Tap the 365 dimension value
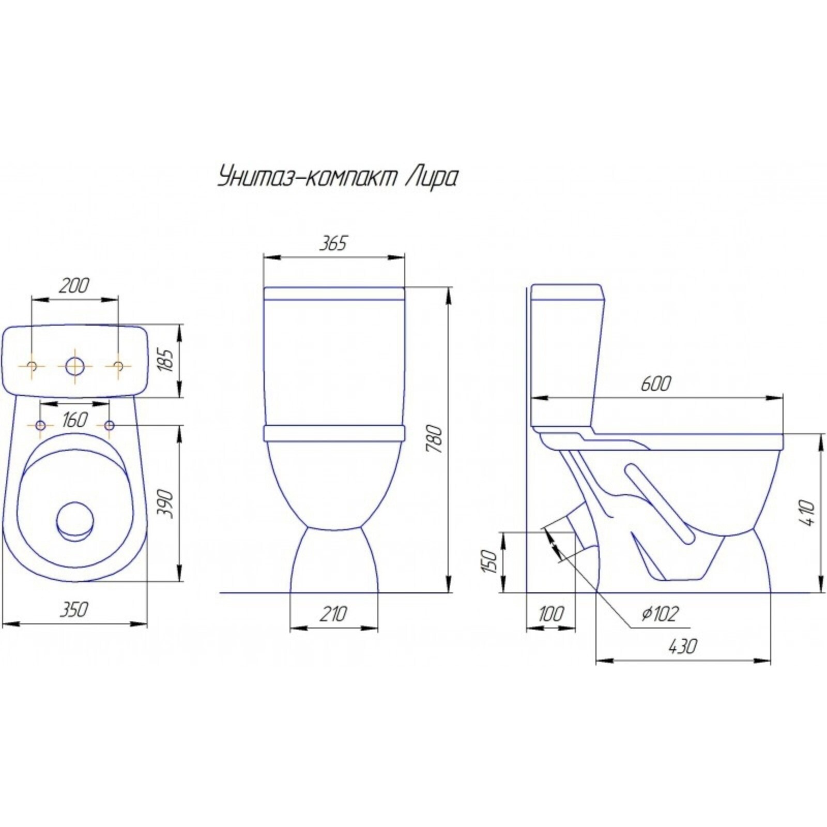click(x=332, y=243)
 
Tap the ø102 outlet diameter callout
click(x=658, y=614)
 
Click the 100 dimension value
click(x=551, y=615)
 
